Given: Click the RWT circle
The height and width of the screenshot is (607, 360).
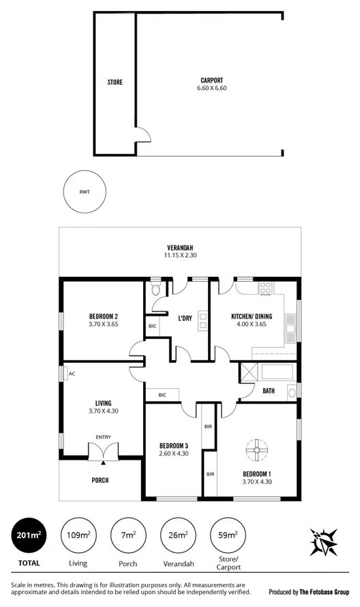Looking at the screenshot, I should click(85, 192).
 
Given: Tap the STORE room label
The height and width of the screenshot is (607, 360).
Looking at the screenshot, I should click(115, 83).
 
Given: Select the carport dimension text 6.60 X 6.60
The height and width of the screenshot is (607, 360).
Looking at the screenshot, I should click(211, 88).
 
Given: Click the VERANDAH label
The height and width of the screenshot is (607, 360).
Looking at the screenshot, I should click(180, 247).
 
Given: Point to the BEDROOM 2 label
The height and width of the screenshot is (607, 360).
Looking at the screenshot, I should click(104, 316).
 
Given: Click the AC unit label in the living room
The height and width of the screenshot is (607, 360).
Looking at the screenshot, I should click(72, 373).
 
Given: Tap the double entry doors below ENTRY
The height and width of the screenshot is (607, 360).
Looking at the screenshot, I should click(103, 451).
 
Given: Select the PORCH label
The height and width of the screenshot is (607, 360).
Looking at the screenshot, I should click(100, 480).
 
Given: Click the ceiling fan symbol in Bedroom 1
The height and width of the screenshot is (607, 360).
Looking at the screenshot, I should click(256, 449).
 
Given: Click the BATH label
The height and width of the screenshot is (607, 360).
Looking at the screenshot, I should click(269, 391).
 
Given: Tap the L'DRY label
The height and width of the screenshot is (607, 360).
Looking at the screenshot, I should click(184, 319).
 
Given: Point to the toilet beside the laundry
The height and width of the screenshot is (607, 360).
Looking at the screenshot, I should click(155, 288).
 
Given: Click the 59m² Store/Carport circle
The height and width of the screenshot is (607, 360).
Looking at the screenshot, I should click(228, 535).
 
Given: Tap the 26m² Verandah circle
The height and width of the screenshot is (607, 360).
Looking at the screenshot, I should click(178, 535).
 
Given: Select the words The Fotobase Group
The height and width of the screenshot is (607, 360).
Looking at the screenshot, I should click(325, 592).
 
